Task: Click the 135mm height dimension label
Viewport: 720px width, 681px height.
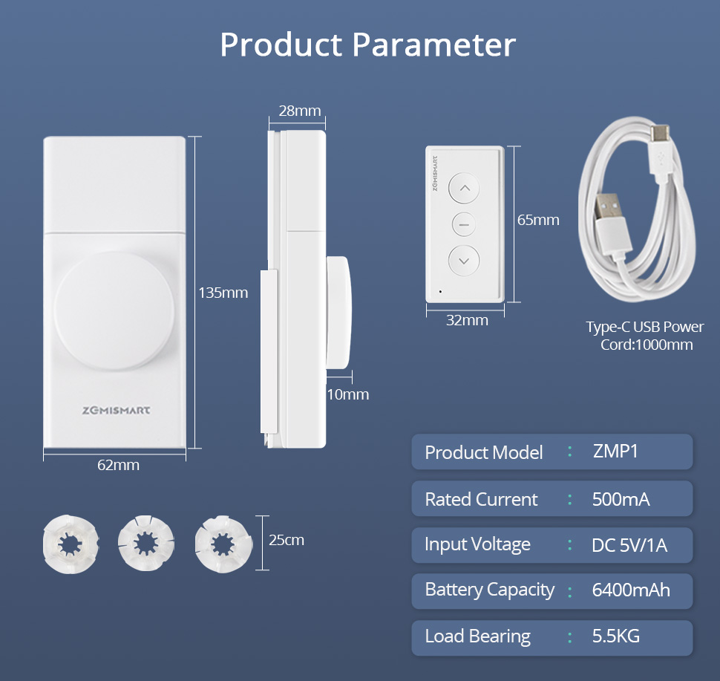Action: tap(223, 293)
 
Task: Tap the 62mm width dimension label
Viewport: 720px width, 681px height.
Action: tap(118, 465)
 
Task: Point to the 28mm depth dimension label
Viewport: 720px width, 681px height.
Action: tap(299, 111)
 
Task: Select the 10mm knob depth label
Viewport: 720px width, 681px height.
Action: tap(347, 394)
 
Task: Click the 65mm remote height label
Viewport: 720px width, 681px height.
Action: tap(538, 220)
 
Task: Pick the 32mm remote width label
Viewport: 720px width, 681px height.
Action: tap(467, 320)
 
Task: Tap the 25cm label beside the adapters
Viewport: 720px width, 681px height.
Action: tap(287, 540)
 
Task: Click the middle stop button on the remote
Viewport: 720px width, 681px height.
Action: tap(464, 224)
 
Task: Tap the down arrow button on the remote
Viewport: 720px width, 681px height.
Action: tap(464, 261)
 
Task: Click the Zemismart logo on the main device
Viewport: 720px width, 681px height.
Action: tap(117, 410)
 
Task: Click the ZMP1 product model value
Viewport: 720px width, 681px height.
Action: tap(615, 452)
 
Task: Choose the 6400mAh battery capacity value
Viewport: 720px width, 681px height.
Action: tap(631, 590)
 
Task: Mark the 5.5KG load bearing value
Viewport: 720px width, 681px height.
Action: tap(616, 636)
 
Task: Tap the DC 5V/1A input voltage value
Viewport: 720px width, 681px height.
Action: tap(629, 545)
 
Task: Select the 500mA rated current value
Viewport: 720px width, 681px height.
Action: tap(621, 500)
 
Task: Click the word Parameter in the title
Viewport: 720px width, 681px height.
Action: tap(434, 45)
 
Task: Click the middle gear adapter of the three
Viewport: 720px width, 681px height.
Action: tap(145, 543)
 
